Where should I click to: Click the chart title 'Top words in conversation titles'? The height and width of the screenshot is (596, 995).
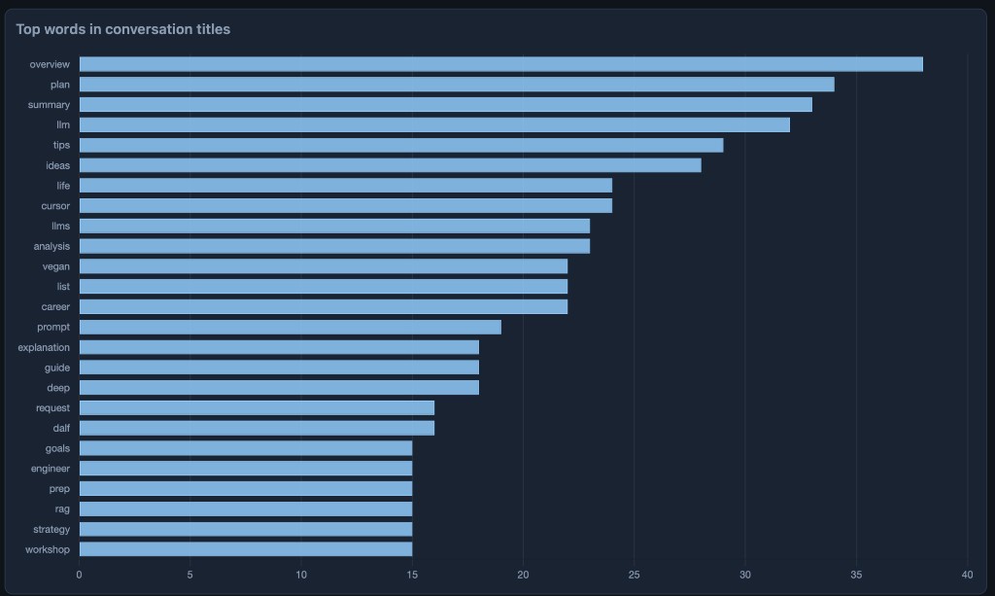[x=123, y=29]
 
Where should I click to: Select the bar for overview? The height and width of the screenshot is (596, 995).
[x=500, y=64]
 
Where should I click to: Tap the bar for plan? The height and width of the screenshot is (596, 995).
[x=457, y=85]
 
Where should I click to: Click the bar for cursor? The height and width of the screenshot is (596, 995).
[x=345, y=206]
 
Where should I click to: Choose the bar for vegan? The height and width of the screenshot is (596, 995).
[x=323, y=266]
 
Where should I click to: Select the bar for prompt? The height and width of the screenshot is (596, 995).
[x=290, y=327]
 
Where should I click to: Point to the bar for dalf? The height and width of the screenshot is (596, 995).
[x=257, y=428]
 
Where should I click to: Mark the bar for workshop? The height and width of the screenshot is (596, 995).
[x=245, y=549]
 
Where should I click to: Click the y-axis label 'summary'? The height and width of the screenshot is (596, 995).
[x=49, y=105]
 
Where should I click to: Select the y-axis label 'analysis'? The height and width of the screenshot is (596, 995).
[x=51, y=246]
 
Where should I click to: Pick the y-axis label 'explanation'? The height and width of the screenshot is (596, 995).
[x=44, y=347]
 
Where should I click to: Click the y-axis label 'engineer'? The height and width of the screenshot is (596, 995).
[x=51, y=469]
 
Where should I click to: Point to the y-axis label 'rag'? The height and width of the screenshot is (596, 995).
[x=62, y=508]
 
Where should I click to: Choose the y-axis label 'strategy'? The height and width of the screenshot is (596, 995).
[x=51, y=529]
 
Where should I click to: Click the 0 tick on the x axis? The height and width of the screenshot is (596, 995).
[x=79, y=574]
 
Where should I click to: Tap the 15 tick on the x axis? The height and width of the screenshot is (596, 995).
[x=412, y=574]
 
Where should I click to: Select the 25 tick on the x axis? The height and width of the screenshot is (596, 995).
[x=634, y=574]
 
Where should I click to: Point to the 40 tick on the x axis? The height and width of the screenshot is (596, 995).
[x=967, y=574]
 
